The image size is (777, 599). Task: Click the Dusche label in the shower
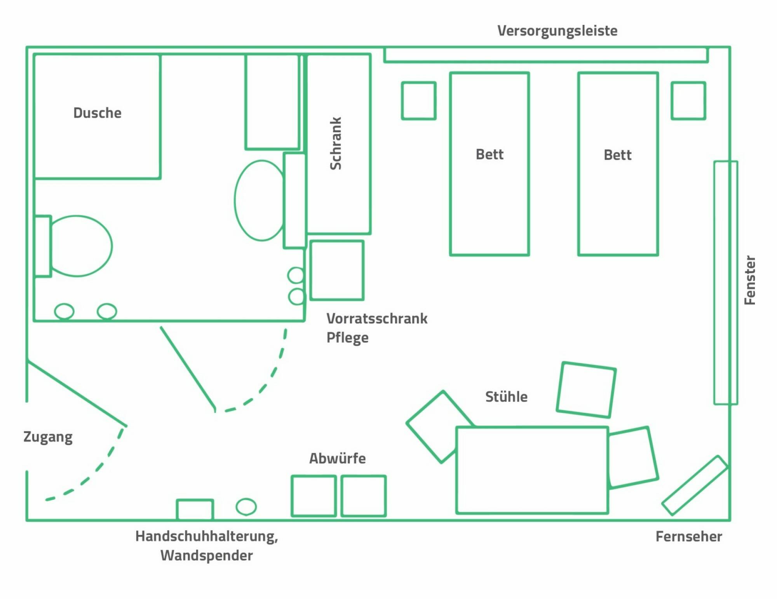(97, 113)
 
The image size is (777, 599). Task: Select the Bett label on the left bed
(490, 154)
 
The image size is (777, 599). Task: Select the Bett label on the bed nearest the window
(617, 155)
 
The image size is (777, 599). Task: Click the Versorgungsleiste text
(557, 31)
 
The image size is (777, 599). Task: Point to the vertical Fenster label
(749, 280)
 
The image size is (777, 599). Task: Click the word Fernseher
(688, 536)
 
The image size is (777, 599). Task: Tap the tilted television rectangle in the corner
(695, 485)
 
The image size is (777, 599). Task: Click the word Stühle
(506, 396)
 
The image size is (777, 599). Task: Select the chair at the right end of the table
(632, 457)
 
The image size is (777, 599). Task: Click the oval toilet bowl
(81, 246)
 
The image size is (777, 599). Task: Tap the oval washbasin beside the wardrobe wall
(260, 200)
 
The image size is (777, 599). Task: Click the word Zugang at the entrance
(48, 437)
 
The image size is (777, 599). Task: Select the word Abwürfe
(337, 458)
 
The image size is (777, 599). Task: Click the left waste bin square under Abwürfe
(314, 496)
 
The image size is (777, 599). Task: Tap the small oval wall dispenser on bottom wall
(246, 506)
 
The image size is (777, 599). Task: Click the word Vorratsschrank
(376, 318)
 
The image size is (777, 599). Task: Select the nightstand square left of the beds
(418, 100)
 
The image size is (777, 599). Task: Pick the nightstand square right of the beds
(688, 100)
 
